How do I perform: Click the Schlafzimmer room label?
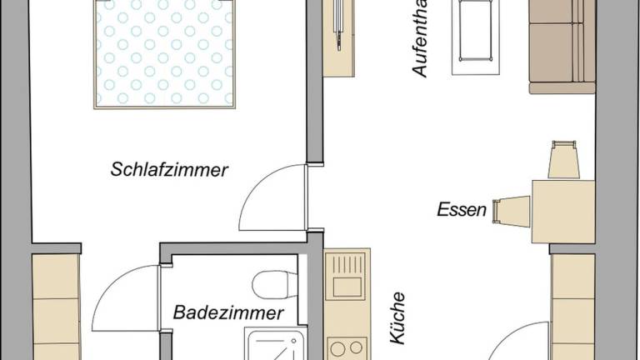pos(169,171)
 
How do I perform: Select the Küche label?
pos(397,317)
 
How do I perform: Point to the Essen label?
pos(461,210)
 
